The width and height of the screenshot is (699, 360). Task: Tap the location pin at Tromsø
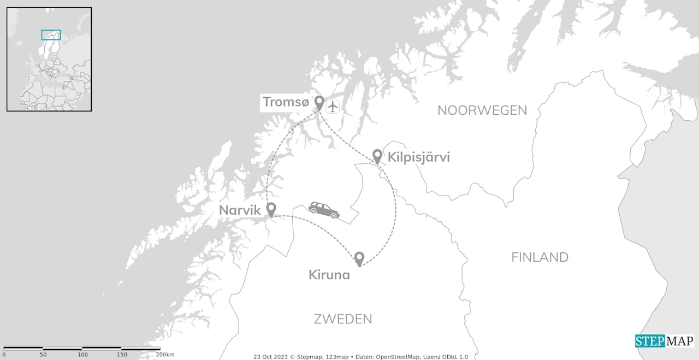tap(319, 102)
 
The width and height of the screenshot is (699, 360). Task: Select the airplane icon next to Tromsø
tap(333, 106)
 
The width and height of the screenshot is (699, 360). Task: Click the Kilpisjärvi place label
tap(418, 157)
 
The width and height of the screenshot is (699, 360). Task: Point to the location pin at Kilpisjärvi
tap(377, 155)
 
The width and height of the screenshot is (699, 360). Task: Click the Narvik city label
tap(240, 210)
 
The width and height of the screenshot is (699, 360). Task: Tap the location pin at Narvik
tap(270, 209)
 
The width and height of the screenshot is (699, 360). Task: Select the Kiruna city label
tap(329, 275)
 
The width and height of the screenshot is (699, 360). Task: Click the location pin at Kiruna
tap(359, 258)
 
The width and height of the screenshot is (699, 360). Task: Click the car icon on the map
tap(324, 210)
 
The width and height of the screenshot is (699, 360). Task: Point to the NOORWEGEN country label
tap(482, 110)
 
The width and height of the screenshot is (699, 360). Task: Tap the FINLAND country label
tap(540, 257)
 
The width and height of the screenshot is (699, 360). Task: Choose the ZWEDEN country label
tap(343, 319)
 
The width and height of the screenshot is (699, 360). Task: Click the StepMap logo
tap(664, 341)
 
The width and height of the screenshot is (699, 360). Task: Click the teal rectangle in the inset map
tap(51, 35)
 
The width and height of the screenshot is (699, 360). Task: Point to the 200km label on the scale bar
tap(165, 355)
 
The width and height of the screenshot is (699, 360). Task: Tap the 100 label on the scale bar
tap(82, 355)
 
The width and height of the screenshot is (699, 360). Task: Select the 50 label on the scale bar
tap(43, 355)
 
